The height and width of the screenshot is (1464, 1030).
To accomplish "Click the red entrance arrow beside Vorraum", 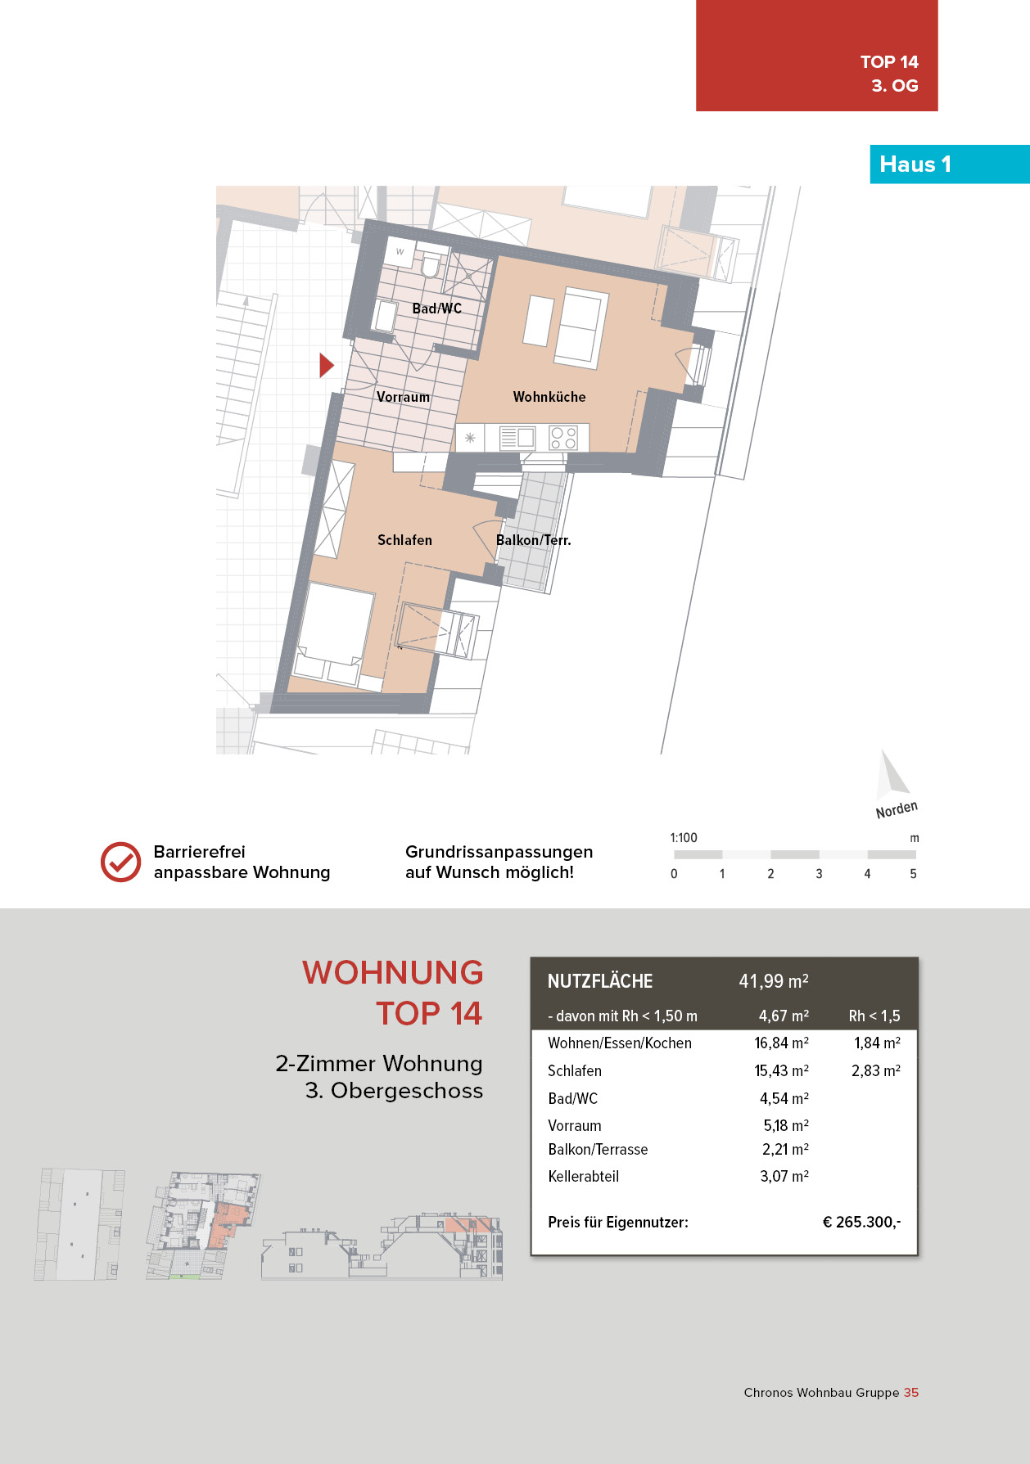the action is [x=326, y=365].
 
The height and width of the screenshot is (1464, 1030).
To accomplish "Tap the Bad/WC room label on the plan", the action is [x=436, y=309].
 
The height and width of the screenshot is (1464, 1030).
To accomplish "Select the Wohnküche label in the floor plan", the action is [x=549, y=397].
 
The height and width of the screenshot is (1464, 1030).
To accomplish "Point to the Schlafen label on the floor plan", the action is [x=404, y=540].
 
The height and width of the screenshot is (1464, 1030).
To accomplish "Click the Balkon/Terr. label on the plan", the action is [x=533, y=540].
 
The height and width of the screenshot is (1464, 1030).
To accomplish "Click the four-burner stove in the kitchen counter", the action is [x=563, y=437].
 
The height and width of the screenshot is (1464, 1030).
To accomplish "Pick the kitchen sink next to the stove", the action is [x=517, y=438].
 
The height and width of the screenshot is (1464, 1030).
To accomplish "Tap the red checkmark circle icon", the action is [x=120, y=862].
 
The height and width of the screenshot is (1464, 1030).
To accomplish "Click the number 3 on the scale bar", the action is [x=819, y=874].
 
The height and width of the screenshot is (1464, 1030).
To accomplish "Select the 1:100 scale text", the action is [x=684, y=838].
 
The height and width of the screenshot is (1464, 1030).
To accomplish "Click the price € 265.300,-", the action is [x=861, y=1222].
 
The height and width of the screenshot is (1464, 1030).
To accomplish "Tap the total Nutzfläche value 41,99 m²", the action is [x=774, y=981].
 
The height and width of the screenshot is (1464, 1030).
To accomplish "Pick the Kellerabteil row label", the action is [x=583, y=1176].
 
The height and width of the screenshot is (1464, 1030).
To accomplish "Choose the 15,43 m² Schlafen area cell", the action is [x=782, y=1070].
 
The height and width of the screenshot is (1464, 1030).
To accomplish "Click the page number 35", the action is [x=911, y=1392].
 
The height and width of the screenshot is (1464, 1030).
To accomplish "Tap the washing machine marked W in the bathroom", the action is [x=401, y=253].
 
